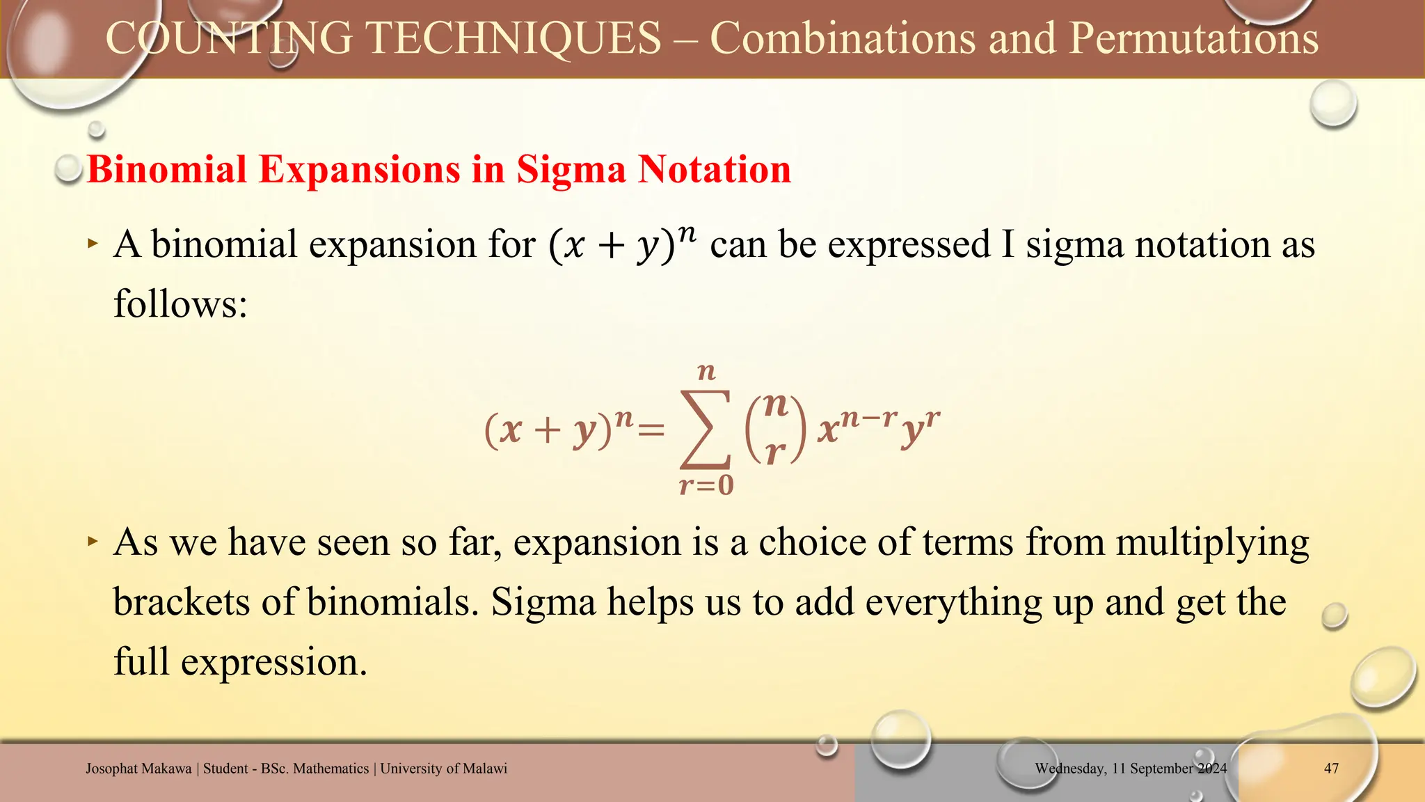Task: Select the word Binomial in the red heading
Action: tap(167, 169)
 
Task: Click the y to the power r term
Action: tap(920, 426)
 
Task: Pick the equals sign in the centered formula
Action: tap(651, 431)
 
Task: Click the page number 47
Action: tap(1331, 769)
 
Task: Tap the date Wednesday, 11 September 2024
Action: tap(1131, 769)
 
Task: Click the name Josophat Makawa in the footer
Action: tap(138, 769)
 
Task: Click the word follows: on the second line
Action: tap(180, 304)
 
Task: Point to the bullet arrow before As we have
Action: tap(93, 540)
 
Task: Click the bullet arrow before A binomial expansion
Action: tap(93, 243)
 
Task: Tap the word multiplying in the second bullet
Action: tap(1212, 543)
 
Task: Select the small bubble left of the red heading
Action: tap(69, 168)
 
